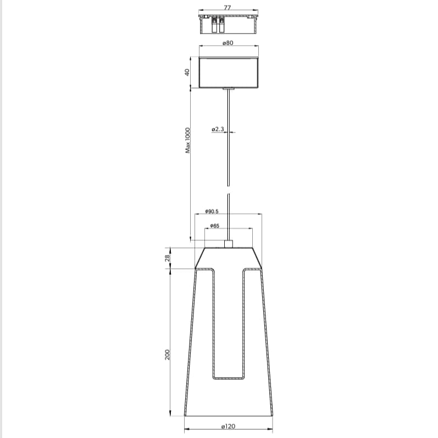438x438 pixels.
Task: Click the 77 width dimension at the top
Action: coord(228,7)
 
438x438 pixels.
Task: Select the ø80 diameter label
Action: coord(228,43)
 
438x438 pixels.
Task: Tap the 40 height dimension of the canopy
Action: coord(187,72)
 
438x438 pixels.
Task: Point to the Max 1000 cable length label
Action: coord(187,140)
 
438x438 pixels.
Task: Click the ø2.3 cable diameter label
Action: coord(218,129)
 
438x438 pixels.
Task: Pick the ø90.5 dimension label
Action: coord(212,211)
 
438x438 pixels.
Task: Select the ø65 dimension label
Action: coord(215,226)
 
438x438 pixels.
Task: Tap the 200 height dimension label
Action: coord(167,355)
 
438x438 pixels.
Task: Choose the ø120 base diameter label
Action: coord(228,426)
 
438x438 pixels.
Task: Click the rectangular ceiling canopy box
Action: coord(228,72)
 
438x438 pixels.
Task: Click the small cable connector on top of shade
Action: coord(229,243)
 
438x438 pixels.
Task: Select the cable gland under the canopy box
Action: coord(229,88)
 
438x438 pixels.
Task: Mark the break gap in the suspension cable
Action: coord(229,190)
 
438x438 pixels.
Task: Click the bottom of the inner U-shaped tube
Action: coord(229,378)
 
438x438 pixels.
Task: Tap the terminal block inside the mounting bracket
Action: coord(218,25)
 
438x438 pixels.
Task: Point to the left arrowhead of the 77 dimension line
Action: coord(201,10)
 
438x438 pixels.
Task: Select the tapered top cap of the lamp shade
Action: coord(229,258)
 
